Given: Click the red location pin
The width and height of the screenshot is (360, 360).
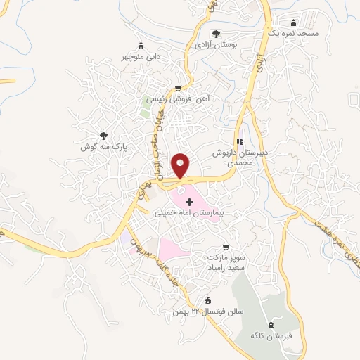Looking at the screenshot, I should [x=182, y=165].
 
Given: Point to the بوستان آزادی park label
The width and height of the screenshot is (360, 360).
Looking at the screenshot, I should [x=215, y=44].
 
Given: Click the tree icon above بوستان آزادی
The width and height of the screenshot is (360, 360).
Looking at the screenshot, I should [x=216, y=32].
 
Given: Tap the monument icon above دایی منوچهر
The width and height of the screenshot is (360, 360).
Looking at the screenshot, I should [x=141, y=44].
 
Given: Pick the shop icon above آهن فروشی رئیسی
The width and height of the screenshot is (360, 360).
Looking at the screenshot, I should [x=179, y=89].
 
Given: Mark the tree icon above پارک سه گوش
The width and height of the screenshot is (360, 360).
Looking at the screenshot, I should [x=103, y=135].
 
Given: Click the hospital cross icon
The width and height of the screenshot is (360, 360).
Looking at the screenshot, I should [x=188, y=202].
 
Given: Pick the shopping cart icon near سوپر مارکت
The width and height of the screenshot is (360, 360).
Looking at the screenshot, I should [x=225, y=247].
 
